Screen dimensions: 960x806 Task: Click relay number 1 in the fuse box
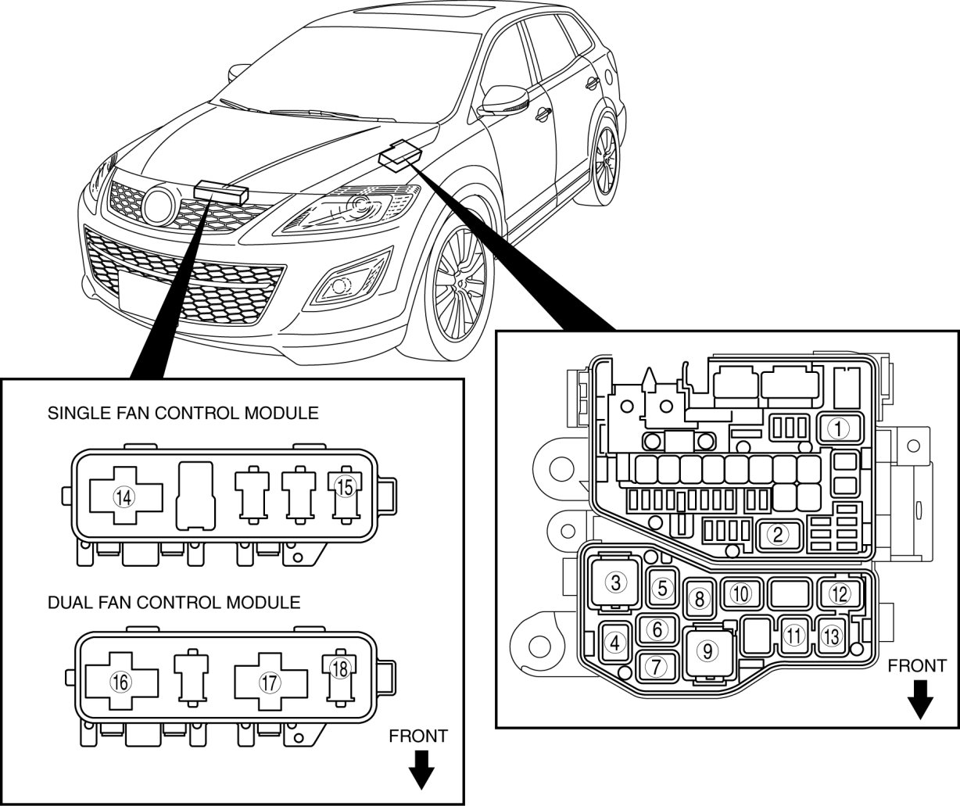coord(840,428)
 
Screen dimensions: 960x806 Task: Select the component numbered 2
coord(779,534)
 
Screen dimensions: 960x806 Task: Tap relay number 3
coord(615,582)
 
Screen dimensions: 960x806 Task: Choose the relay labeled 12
coord(840,594)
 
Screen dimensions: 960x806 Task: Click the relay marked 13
coord(831,637)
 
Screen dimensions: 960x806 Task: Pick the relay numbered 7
coord(657,667)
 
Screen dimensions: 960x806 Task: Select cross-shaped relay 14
coord(126,496)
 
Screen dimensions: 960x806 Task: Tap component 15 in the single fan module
coord(346,495)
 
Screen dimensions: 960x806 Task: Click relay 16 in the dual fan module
coord(121,682)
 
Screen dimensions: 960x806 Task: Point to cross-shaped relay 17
coord(270,682)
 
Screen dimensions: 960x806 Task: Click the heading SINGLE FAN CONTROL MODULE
coord(183,413)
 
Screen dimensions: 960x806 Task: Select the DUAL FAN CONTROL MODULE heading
coord(174,602)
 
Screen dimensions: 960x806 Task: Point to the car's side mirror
coord(504,101)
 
